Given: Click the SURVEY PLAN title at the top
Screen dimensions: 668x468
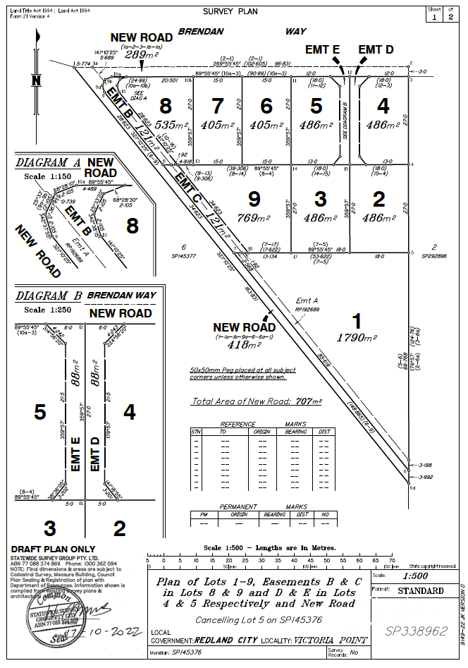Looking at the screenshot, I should (x=230, y=11).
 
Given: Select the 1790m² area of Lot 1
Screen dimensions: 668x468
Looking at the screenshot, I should (x=359, y=338).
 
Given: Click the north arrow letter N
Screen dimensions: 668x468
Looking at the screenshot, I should (x=35, y=80).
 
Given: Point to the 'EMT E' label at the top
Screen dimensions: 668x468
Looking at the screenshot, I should (x=322, y=49).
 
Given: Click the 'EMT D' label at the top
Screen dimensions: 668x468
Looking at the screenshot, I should (x=376, y=49).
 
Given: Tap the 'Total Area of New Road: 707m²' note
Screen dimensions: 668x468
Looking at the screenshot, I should (x=257, y=401).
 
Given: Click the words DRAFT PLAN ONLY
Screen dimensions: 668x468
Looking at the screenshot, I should (x=53, y=549).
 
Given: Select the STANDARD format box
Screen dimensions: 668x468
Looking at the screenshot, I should (x=421, y=590).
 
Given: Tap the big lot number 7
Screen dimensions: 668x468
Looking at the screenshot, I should (x=218, y=106).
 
